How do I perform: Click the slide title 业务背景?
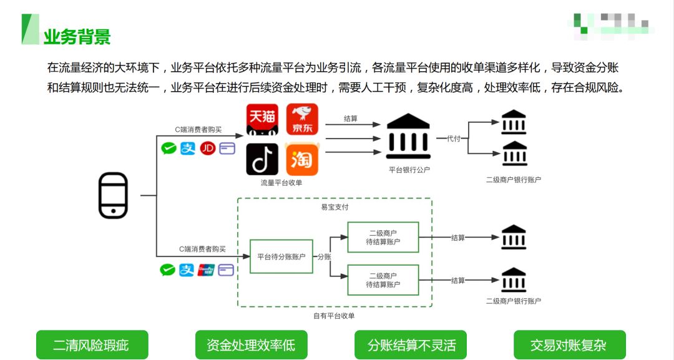(77, 36)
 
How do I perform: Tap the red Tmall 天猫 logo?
(262, 120)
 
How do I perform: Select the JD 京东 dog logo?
(302, 120)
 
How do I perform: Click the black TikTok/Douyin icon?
(262, 159)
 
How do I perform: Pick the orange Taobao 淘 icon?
(302, 159)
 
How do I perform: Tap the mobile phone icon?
(113, 195)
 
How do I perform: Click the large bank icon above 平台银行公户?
(409, 137)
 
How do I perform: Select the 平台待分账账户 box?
(281, 256)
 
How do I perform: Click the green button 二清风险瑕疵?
(92, 345)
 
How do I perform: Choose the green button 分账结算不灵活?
(411, 345)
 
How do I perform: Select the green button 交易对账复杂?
(569, 345)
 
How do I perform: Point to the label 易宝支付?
(335, 207)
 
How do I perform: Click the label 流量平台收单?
(281, 183)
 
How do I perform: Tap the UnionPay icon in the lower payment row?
(206, 270)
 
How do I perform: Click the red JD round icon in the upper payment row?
(207, 148)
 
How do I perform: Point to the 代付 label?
(453, 139)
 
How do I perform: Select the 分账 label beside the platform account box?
(324, 256)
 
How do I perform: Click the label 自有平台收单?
(334, 316)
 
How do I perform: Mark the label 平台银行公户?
(409, 169)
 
